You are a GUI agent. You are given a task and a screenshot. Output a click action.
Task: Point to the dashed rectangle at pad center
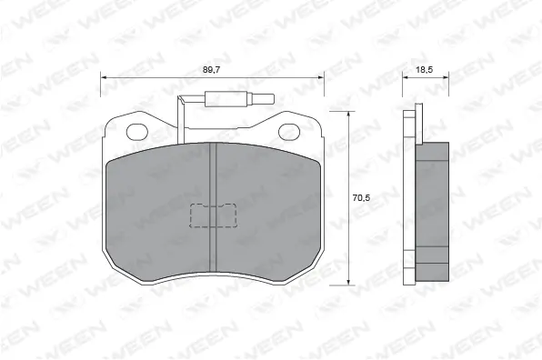tap(212, 216)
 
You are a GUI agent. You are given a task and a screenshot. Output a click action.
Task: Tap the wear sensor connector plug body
tap(226, 100)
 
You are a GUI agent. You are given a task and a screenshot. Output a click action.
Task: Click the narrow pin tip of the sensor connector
tap(261, 100)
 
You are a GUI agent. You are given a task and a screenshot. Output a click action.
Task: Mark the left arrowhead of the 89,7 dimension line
tap(103, 78)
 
